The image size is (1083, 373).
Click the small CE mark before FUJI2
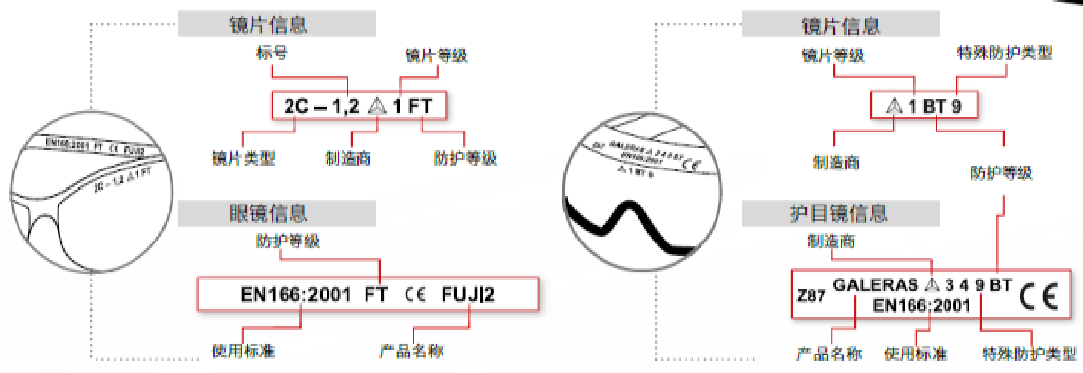(x=412, y=292)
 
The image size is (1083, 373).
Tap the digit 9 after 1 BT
(x=958, y=106)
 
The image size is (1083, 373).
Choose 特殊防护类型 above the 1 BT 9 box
(x=1001, y=54)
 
